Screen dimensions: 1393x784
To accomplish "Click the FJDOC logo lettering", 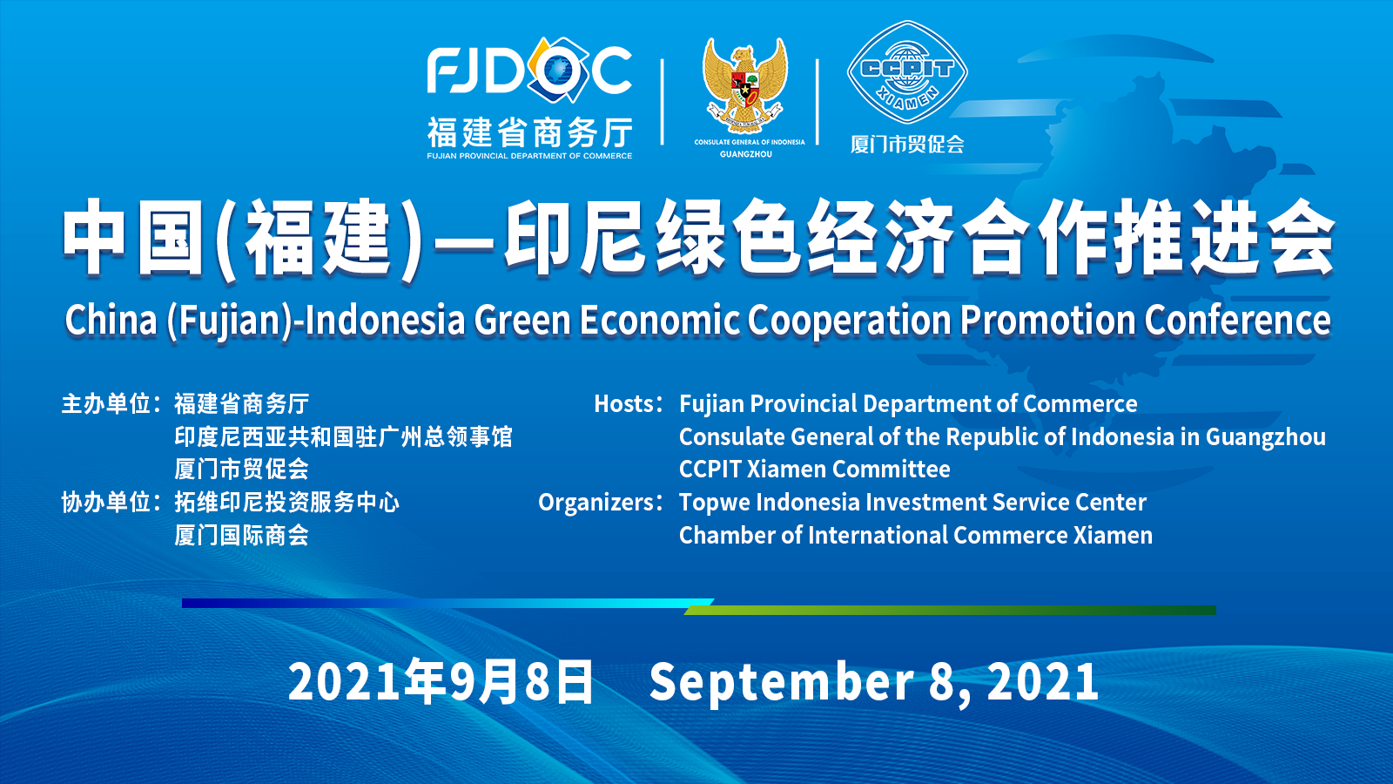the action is [x=529, y=71].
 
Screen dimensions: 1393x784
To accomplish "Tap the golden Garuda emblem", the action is [x=745, y=84].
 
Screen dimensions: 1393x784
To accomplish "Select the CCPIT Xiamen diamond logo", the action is [x=907, y=72].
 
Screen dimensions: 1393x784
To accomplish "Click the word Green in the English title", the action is [x=522, y=321].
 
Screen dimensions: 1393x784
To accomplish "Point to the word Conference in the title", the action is [x=1237, y=321].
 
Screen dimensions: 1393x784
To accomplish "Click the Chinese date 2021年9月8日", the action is [x=441, y=682].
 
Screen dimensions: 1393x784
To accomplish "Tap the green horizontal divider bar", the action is [x=950, y=611].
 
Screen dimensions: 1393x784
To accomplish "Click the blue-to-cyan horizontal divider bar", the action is [x=448, y=603].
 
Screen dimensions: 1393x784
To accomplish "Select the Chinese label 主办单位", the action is [x=106, y=404].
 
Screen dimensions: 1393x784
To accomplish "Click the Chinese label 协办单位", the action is [x=106, y=502].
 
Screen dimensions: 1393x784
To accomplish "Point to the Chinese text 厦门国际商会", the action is [x=241, y=535].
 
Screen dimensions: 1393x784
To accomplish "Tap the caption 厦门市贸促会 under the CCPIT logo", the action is [x=907, y=145].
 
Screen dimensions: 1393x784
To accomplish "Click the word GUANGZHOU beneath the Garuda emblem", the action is [x=745, y=154].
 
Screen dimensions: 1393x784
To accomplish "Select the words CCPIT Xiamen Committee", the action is [x=815, y=470].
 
